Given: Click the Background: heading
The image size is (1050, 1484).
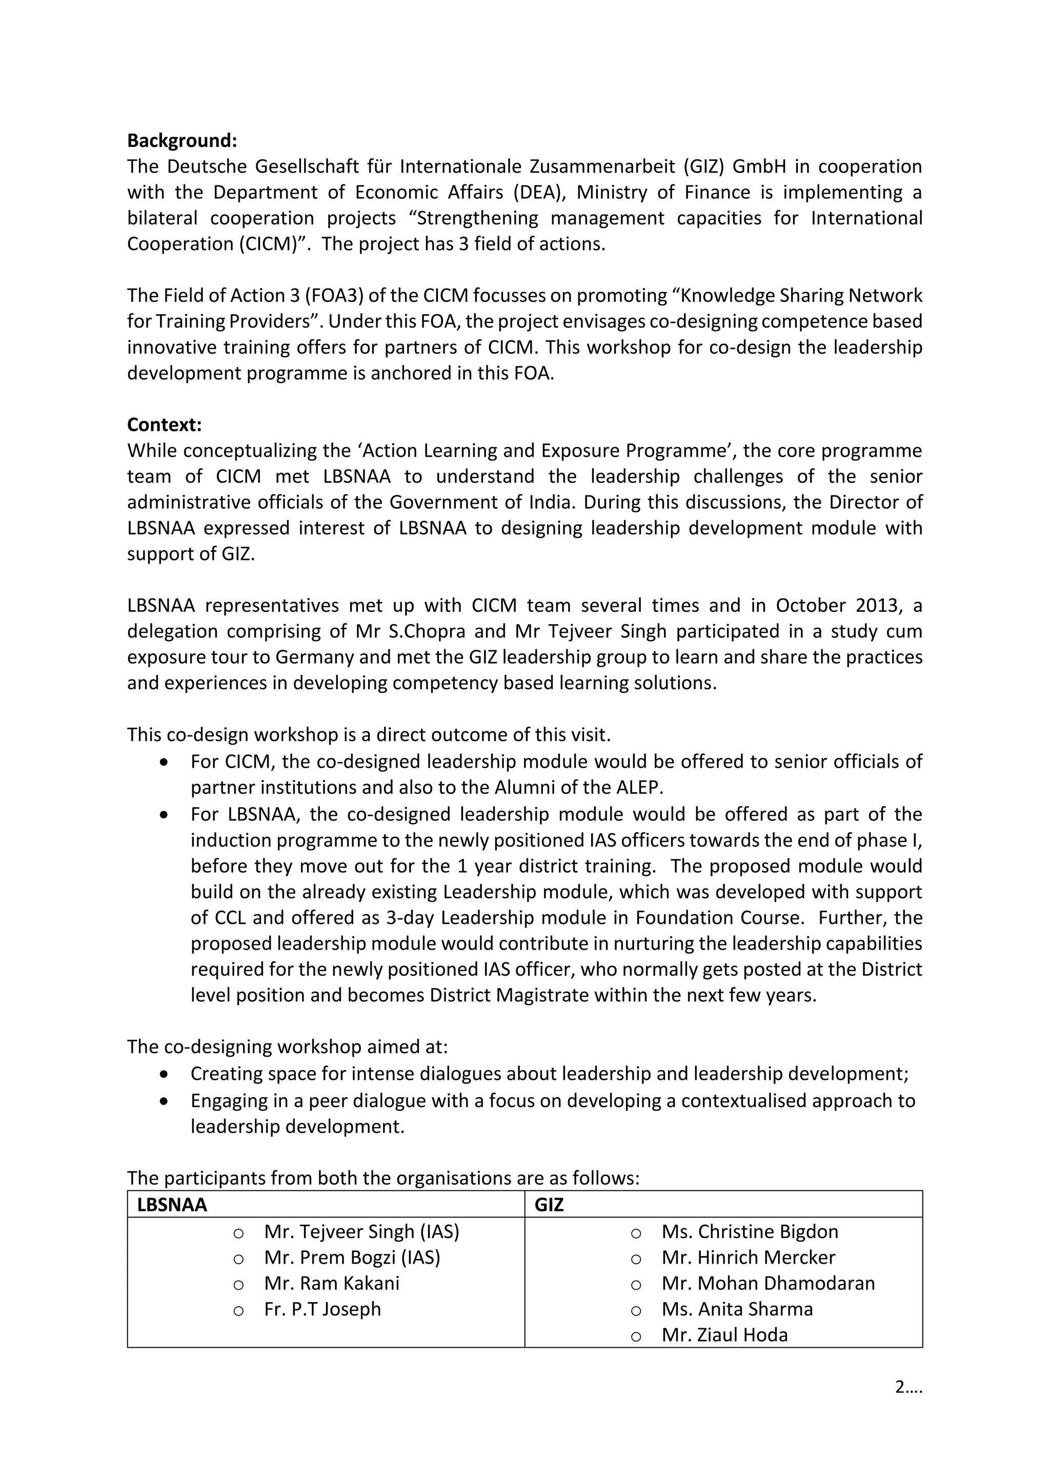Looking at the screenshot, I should click(181, 140).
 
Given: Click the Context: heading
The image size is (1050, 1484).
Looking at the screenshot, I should click(164, 425).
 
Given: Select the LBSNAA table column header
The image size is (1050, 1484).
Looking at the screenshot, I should click(172, 1205).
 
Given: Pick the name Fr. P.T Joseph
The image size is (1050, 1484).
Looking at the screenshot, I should click(322, 1309).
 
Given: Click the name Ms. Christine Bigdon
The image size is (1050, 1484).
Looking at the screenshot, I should click(750, 1231).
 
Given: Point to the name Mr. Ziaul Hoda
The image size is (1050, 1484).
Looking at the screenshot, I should click(724, 1335).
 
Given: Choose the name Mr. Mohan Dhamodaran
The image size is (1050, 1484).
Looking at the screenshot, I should click(768, 1283).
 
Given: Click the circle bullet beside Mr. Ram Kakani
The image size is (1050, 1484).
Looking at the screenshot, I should click(238, 1285).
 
